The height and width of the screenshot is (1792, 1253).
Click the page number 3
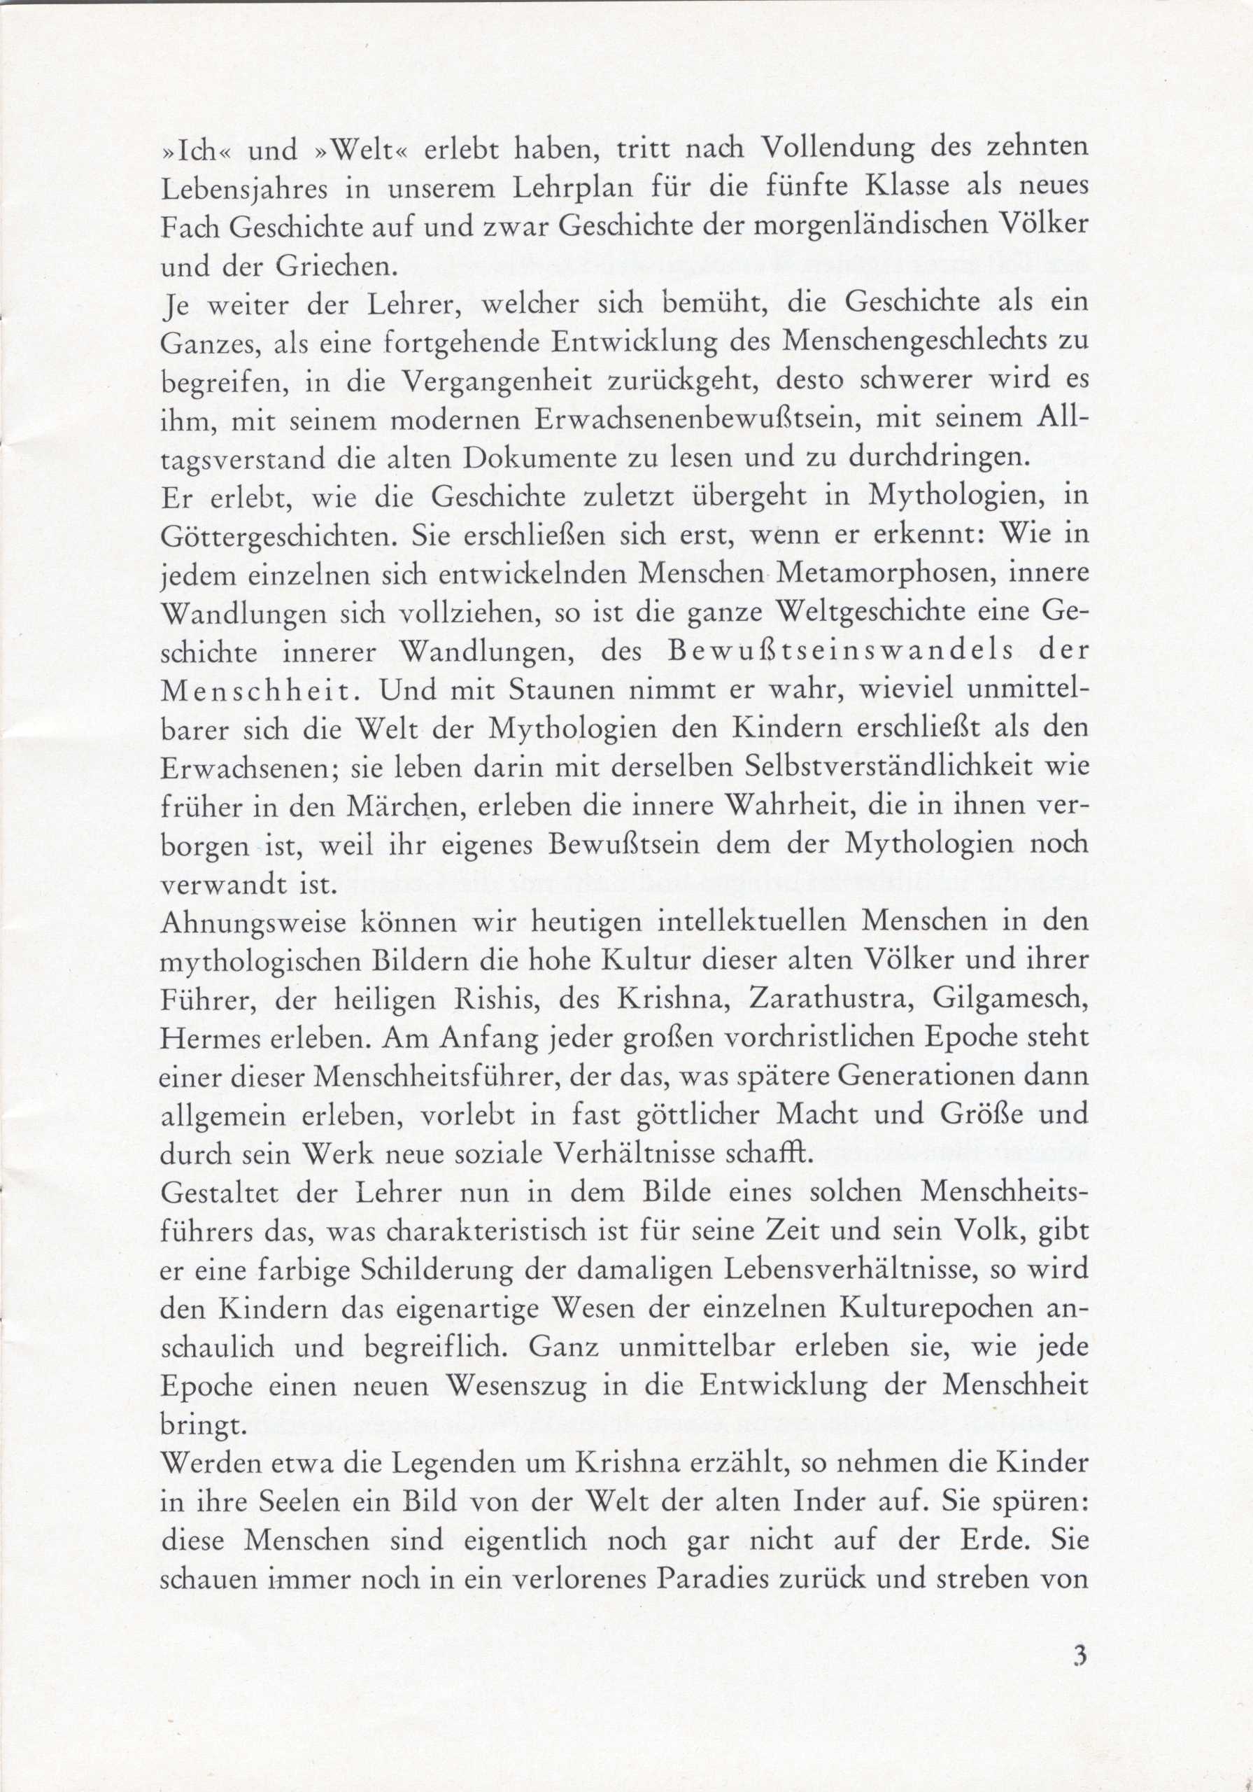(x=1079, y=1676)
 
